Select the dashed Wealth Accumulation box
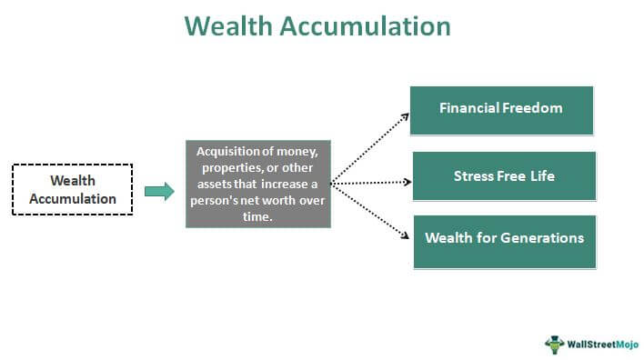72,189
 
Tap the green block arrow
158,191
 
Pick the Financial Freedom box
501,109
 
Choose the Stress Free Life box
504,175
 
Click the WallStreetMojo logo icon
553,344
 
